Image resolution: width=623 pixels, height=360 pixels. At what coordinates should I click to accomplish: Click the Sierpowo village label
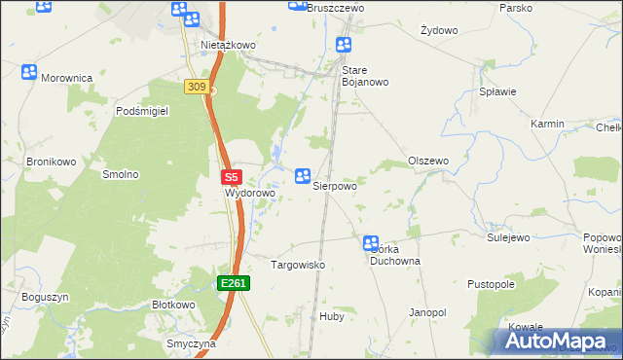[334, 184]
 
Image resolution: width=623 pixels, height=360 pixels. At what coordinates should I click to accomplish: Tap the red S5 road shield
[231, 178]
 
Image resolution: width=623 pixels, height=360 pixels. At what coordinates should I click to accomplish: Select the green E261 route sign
[235, 283]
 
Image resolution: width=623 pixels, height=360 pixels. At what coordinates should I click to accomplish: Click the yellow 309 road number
[196, 88]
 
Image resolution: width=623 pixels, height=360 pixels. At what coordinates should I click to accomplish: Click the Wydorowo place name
[250, 193]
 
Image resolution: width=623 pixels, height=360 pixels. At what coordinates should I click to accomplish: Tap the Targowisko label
[297, 265]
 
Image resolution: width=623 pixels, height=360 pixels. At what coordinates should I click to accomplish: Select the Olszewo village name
[427, 161]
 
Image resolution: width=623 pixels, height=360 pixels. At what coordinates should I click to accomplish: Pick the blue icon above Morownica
[29, 71]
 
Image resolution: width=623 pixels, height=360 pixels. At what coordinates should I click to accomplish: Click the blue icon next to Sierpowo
[303, 175]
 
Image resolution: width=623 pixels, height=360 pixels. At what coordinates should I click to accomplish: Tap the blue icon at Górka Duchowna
[371, 243]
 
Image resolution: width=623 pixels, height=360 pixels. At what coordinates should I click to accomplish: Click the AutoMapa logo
[556, 342]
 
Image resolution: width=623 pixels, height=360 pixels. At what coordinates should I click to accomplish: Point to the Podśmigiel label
[142, 112]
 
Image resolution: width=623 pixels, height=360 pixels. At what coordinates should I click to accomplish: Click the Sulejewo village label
[507, 236]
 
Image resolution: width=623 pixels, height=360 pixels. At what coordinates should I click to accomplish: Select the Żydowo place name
[439, 30]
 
